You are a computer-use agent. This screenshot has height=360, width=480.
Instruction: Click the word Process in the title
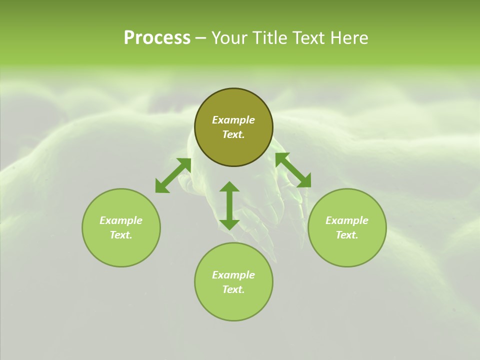point(157,38)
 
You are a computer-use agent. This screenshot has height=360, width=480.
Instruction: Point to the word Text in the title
point(310,38)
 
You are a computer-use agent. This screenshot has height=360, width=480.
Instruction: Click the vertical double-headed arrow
point(229,205)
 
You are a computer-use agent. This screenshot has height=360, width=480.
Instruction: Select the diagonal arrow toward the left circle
point(173,175)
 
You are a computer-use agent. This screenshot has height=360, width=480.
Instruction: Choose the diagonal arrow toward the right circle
point(293,170)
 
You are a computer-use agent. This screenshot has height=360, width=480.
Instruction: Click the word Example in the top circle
point(233,120)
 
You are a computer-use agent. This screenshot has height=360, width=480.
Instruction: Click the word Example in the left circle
point(121,220)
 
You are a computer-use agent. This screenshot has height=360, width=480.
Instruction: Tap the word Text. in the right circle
point(347,235)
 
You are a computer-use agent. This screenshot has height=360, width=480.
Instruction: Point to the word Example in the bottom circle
point(233,275)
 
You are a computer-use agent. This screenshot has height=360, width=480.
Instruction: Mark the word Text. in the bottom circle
point(233,289)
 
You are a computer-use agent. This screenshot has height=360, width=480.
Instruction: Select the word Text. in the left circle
point(121,235)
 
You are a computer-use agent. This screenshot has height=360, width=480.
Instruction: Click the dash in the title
point(200,38)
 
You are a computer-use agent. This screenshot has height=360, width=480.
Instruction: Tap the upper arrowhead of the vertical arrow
point(229,187)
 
